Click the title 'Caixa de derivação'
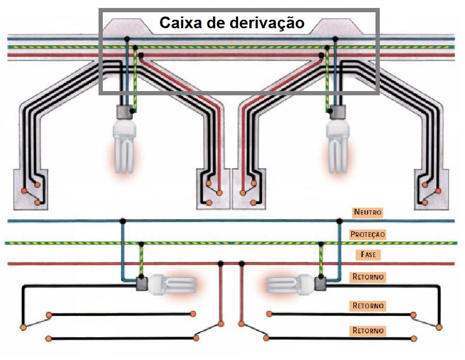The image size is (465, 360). pyautogui.click(x=232, y=23)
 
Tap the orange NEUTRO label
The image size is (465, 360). pyautogui.click(x=368, y=212)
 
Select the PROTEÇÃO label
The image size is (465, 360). pyautogui.click(x=368, y=234)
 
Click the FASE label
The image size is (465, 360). pyautogui.click(x=368, y=255)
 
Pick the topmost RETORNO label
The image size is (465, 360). pyautogui.click(x=368, y=277)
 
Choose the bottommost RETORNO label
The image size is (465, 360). pyautogui.click(x=368, y=331)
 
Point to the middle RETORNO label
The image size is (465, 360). pyautogui.click(x=368, y=306)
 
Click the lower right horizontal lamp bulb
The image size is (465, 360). pyautogui.click(x=292, y=285)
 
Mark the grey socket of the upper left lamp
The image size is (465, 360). pyautogui.click(x=125, y=112)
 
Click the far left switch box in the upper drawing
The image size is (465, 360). pyautogui.click(x=30, y=189)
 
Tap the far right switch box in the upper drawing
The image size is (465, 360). pyautogui.click(x=431, y=189)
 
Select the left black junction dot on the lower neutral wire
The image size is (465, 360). pyautogui.click(x=123, y=220)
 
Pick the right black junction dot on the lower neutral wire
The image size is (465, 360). pyautogui.click(x=339, y=220)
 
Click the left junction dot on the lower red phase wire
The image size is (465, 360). pyautogui.click(x=221, y=263)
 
